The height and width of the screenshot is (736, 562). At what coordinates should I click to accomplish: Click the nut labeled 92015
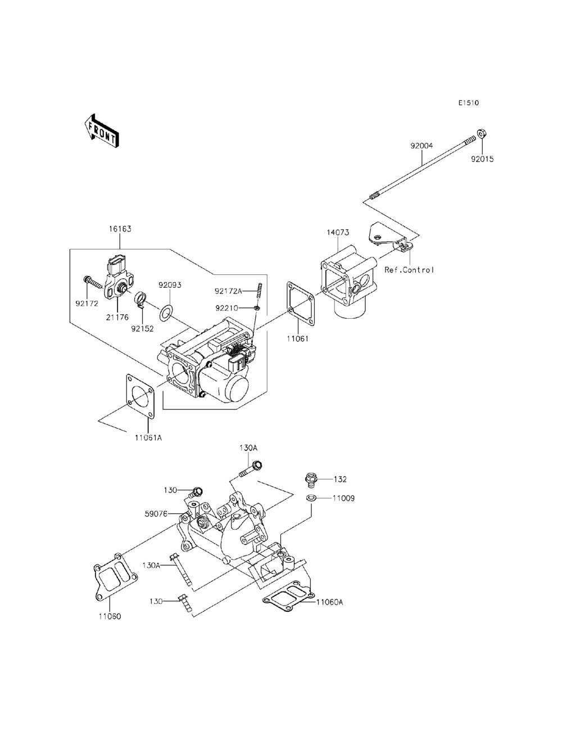click(481, 134)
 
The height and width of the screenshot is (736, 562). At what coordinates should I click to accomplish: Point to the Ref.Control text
click(409, 270)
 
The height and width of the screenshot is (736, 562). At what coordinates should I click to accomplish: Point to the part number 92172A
click(228, 291)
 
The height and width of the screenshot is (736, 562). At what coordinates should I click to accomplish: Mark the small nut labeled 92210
click(256, 308)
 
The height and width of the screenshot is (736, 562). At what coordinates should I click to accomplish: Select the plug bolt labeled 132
click(310, 480)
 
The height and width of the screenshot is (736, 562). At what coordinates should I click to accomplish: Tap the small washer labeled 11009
click(310, 498)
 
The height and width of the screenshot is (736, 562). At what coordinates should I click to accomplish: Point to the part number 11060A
click(329, 602)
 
